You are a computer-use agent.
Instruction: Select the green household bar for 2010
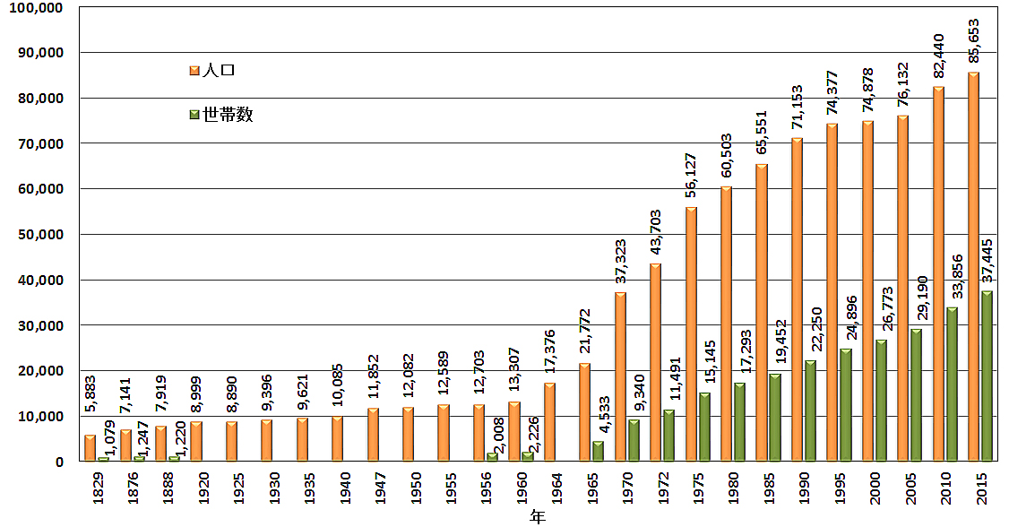point(951,384)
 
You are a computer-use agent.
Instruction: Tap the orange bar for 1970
point(620,376)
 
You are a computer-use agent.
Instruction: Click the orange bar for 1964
point(549,422)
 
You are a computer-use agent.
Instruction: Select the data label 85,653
point(973,41)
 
